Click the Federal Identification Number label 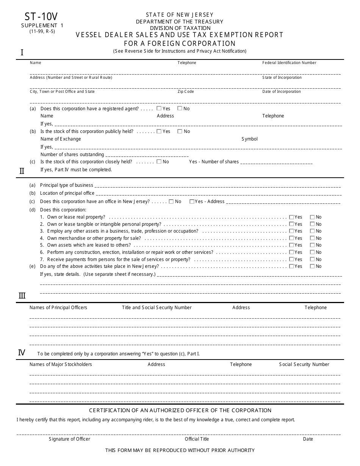289,63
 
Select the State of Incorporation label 282,77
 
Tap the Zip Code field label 186,91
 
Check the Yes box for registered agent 159,108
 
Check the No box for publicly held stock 180,131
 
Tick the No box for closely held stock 159,161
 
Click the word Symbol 249,139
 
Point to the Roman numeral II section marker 22,171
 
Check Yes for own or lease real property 291,217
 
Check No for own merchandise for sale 312,238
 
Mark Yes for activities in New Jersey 291,266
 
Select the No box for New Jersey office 171,202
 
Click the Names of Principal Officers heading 58,308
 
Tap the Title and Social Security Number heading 157,308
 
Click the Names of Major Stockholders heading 61,364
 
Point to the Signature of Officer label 69,439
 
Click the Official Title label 197,439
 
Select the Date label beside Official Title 308,439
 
